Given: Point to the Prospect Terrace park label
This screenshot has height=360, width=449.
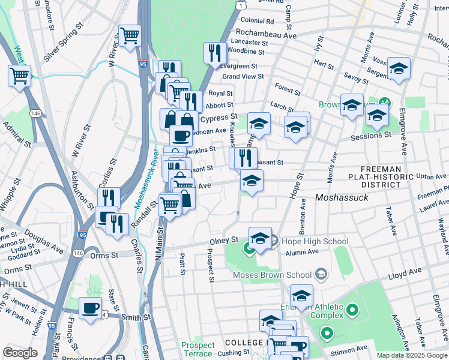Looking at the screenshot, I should (x=198, y=349).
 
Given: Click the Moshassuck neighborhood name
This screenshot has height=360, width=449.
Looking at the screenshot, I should (x=341, y=197).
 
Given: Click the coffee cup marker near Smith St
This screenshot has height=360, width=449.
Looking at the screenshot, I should (x=90, y=308).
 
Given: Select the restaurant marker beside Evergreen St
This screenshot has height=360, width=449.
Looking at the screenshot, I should (x=214, y=53).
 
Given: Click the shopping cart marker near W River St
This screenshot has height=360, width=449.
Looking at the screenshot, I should (x=130, y=36).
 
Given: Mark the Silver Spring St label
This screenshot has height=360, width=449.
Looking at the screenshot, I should (x=63, y=38).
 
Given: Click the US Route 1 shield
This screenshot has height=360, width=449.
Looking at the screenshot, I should (x=240, y=5).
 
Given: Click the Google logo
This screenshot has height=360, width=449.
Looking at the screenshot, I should (x=20, y=353).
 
